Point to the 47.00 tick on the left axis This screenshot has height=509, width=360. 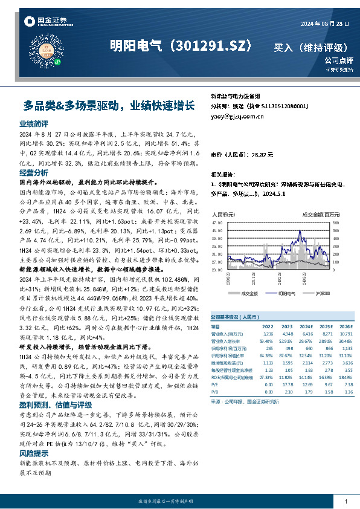pyautogui.click(x=218, y=223)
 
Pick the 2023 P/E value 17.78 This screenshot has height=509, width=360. pyautogui.click(x=288, y=383)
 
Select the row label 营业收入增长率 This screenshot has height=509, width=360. pyautogui.click(x=227, y=341)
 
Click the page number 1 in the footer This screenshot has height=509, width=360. pyautogui.click(x=345, y=502)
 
